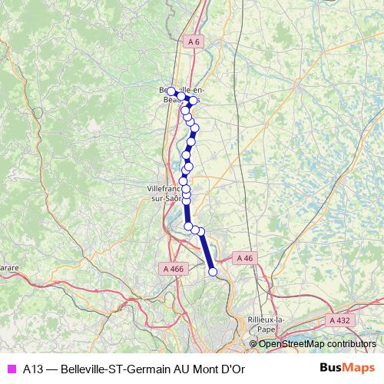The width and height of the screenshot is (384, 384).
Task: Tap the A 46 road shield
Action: [244, 258]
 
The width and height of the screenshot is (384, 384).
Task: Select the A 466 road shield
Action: [174, 269]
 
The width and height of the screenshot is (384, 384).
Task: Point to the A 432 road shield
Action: [339, 319]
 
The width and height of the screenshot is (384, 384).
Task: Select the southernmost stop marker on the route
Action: [213, 271]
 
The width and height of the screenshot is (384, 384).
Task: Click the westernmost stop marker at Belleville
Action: [171, 91]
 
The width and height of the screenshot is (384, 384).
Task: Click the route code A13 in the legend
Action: [33, 369]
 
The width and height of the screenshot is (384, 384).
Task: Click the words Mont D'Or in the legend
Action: [222, 369]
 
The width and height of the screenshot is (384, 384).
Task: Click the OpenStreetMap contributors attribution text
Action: [317, 344]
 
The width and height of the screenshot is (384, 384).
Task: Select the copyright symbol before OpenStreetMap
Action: [253, 344]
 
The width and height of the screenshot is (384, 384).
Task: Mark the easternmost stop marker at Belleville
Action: [194, 101]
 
